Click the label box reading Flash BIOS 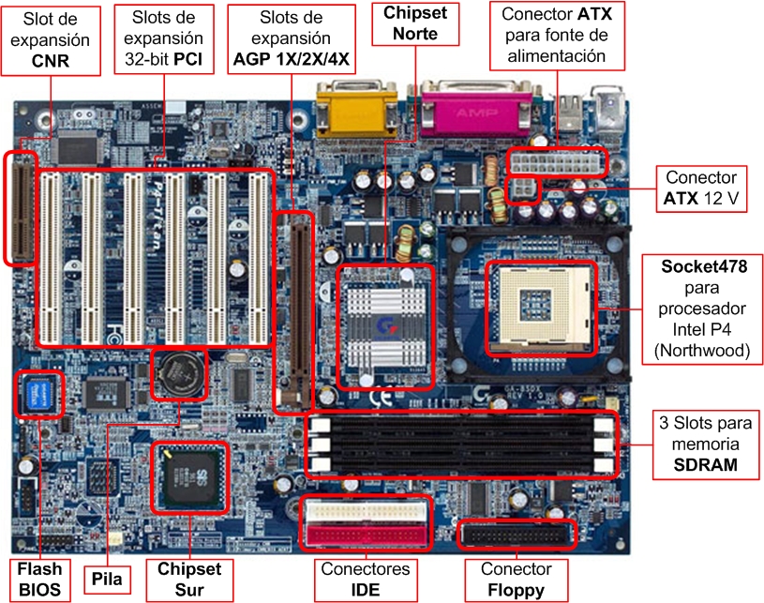(39, 579)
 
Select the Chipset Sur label (189, 579)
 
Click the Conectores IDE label (365, 579)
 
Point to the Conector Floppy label (516, 579)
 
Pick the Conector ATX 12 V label (700, 188)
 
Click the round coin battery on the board (179, 375)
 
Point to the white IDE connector (365, 512)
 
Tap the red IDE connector (365, 535)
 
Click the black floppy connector (516, 536)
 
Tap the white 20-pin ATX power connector (556, 161)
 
